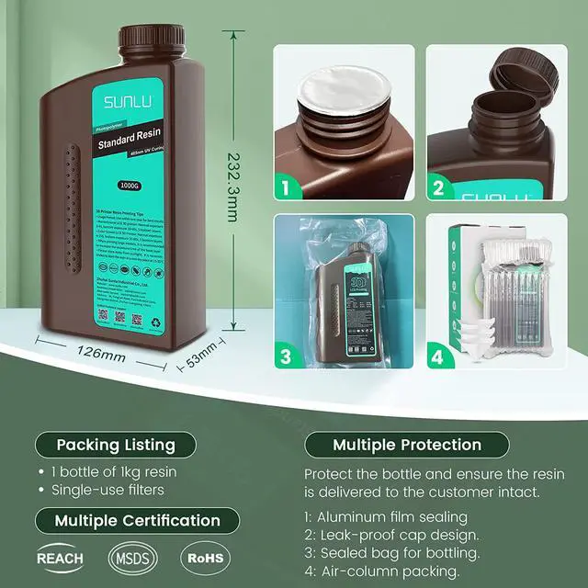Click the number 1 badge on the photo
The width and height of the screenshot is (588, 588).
[286, 188]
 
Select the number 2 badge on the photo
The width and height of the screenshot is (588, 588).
[438, 188]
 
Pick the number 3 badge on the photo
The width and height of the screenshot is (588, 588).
[286, 356]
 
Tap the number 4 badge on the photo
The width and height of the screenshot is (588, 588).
[438, 356]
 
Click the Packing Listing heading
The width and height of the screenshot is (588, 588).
[116, 445]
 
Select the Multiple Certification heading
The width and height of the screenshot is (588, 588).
[137, 520]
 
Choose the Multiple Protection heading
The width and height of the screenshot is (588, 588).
[407, 445]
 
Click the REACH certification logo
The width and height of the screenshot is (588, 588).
[60, 558]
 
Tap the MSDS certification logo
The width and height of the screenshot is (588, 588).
[132, 558]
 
